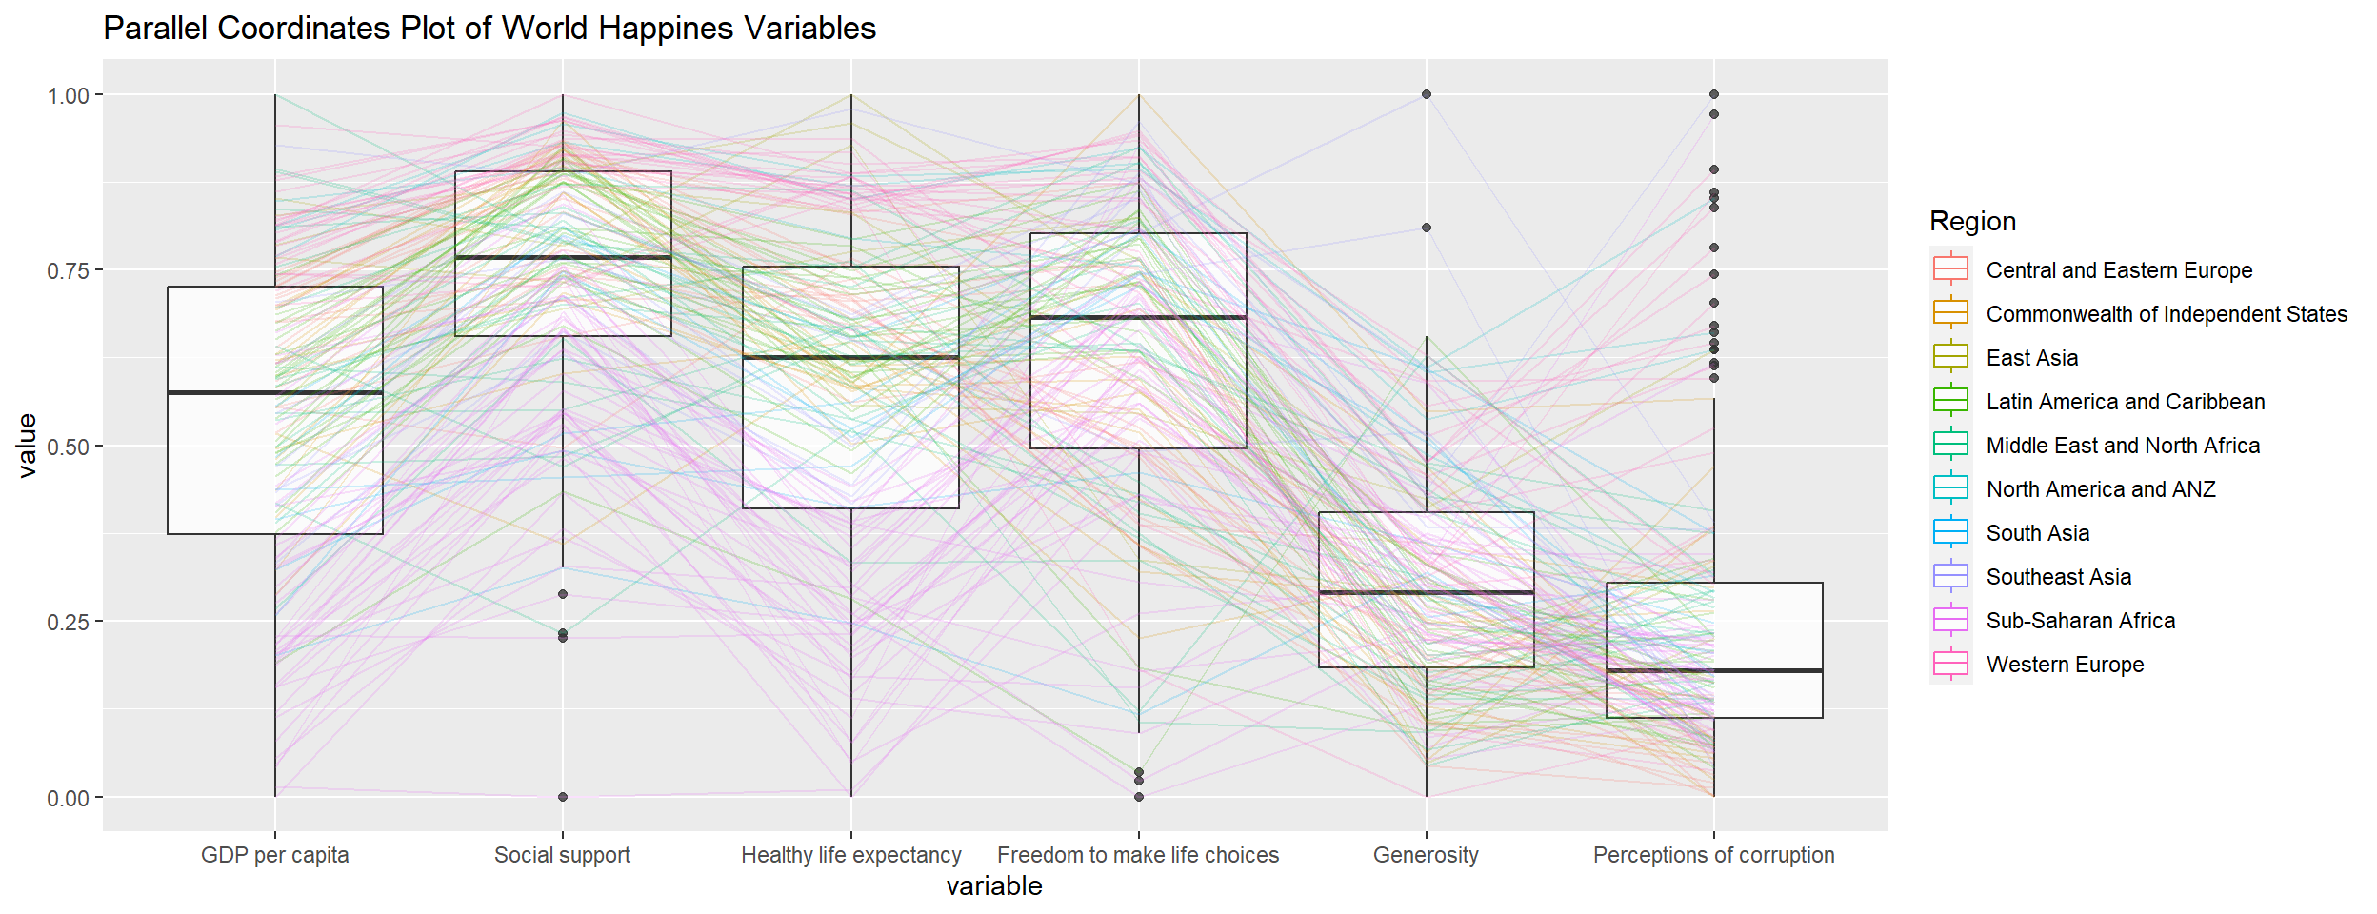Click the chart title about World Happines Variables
pyautogui.click(x=489, y=29)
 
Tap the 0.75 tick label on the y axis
pyautogui.click(x=68, y=271)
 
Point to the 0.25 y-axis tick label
pyautogui.click(x=68, y=622)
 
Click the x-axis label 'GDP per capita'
pyautogui.click(x=274, y=855)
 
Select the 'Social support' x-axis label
pyautogui.click(x=562, y=855)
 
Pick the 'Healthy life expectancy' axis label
pyautogui.click(x=850, y=855)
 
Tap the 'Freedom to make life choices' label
pyautogui.click(x=1138, y=855)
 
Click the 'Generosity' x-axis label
pyautogui.click(x=1426, y=855)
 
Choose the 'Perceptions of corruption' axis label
pyautogui.click(x=1713, y=855)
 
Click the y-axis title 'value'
pyautogui.click(x=27, y=445)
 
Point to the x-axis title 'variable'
pyautogui.click(x=994, y=886)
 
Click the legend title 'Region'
pyautogui.click(x=1972, y=221)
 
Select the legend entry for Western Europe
pyautogui.click(x=2065, y=665)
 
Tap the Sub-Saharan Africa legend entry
pyautogui.click(x=2080, y=621)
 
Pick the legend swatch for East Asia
pyautogui.click(x=1950, y=358)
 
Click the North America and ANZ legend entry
pyautogui.click(x=2100, y=489)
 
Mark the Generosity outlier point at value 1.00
pyautogui.click(x=1426, y=94)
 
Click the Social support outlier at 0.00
pyautogui.click(x=563, y=797)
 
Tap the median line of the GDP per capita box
pyautogui.click(x=274, y=392)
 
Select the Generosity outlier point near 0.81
pyautogui.click(x=1426, y=228)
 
